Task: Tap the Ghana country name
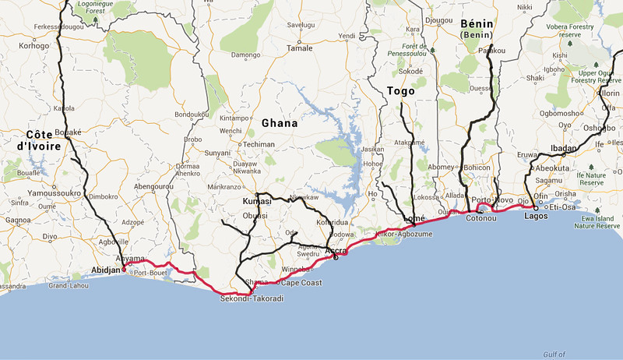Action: pos(280,123)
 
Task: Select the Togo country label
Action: pos(400,91)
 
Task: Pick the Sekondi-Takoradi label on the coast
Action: pos(252,298)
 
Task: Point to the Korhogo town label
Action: pos(33,46)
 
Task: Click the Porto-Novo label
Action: pos(498,200)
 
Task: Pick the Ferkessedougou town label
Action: pos(58,26)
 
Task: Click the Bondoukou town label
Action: pos(193,115)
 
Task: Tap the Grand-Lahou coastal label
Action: pos(66,286)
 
